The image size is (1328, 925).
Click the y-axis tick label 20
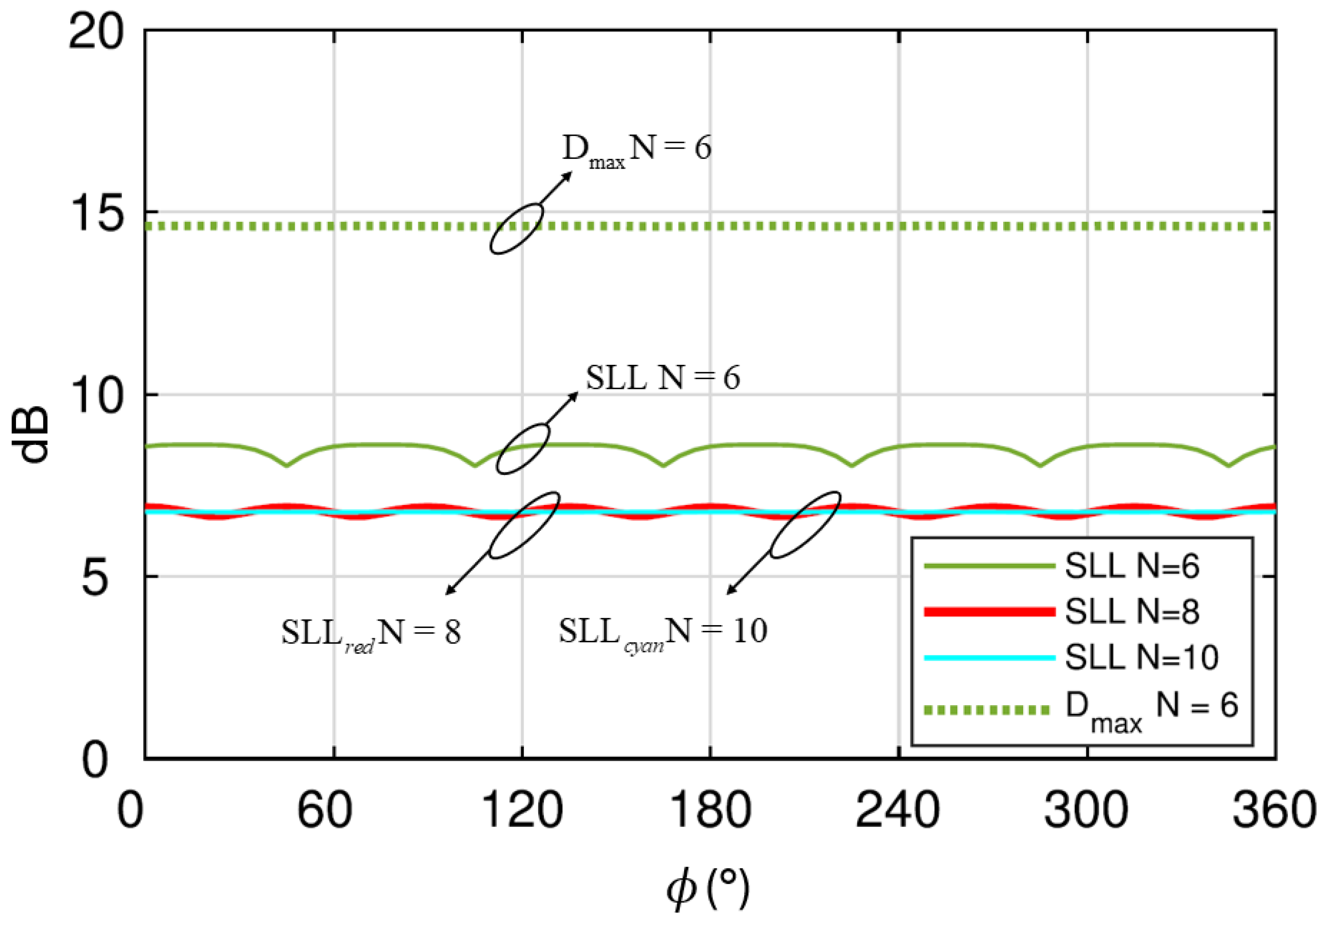point(96,32)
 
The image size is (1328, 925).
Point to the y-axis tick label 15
point(96,213)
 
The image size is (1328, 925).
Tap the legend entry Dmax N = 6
point(1151,707)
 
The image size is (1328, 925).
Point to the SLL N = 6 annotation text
point(663,378)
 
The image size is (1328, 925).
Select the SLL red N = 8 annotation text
point(371,633)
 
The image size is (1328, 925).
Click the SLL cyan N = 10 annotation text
point(663,632)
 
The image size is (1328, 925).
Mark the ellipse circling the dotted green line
point(516,228)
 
